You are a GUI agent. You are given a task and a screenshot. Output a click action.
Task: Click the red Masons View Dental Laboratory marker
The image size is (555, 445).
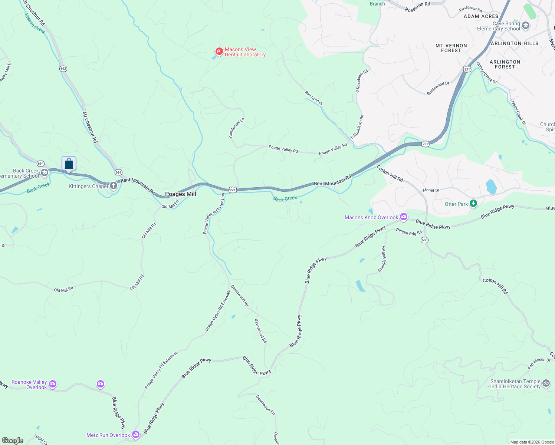coord(219,51)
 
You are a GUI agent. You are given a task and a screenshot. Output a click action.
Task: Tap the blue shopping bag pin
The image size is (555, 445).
coord(69,164)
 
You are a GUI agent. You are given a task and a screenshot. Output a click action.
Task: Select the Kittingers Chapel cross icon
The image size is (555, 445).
coord(114,186)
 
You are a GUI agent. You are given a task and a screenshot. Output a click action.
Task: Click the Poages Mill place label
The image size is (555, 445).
coord(180,194)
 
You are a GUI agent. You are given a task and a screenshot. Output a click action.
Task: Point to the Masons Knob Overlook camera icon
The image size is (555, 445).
coord(404,217)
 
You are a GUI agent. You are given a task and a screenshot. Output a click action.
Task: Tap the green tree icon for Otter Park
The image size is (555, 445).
coord(473,204)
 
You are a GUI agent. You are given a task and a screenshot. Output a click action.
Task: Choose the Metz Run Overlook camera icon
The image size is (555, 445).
coord(136,434)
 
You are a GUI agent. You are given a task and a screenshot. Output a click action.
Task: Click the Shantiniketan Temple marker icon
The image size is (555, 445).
coord(546,383)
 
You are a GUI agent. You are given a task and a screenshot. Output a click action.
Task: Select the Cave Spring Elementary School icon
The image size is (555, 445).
coord(525,26)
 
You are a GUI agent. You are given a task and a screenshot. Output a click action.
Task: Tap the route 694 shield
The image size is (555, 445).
coord(41,164)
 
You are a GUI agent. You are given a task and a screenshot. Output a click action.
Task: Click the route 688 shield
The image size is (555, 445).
coord(424,240)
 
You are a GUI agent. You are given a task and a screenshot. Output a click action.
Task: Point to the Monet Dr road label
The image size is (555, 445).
coord(431,190)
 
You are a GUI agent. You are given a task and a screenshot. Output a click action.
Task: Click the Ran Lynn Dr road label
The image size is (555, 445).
coord(314,98)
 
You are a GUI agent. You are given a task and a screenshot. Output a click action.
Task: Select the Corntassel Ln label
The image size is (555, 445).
coord(237,128)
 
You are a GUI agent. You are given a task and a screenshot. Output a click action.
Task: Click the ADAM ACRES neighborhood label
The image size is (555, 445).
coord(481,16)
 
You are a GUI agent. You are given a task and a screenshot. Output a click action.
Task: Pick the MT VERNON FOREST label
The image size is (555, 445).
coord(451,48)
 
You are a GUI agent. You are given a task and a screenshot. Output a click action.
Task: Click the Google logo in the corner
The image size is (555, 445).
coord(13,441)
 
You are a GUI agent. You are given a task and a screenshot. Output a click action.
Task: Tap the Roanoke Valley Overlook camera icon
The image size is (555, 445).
coord(53,384)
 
